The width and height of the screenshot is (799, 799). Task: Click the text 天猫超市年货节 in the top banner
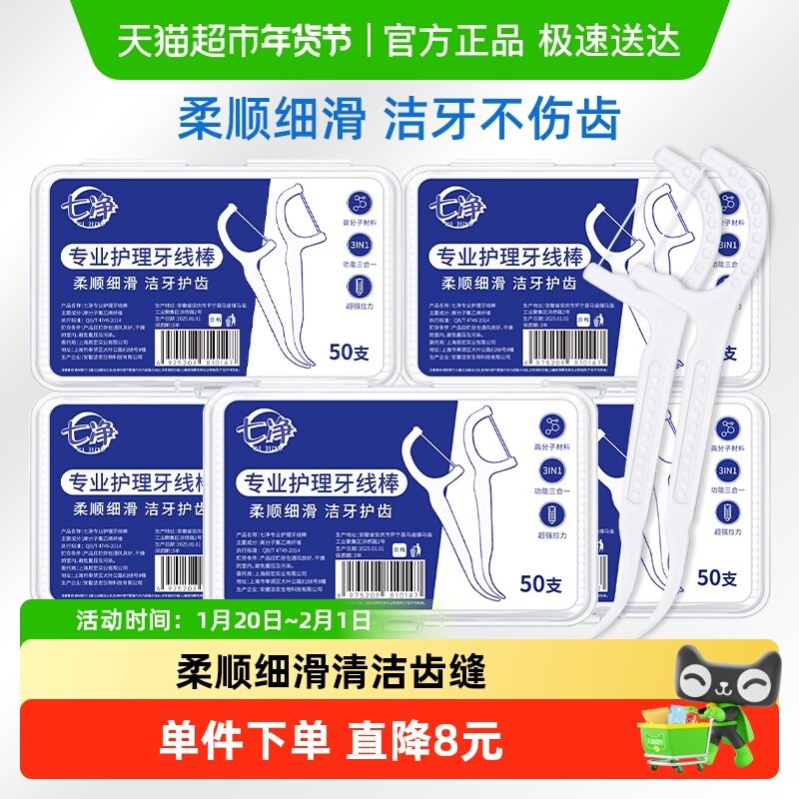point(235,40)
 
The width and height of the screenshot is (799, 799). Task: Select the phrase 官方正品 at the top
point(453,40)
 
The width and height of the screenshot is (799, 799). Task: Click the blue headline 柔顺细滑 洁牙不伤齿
point(399,118)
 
